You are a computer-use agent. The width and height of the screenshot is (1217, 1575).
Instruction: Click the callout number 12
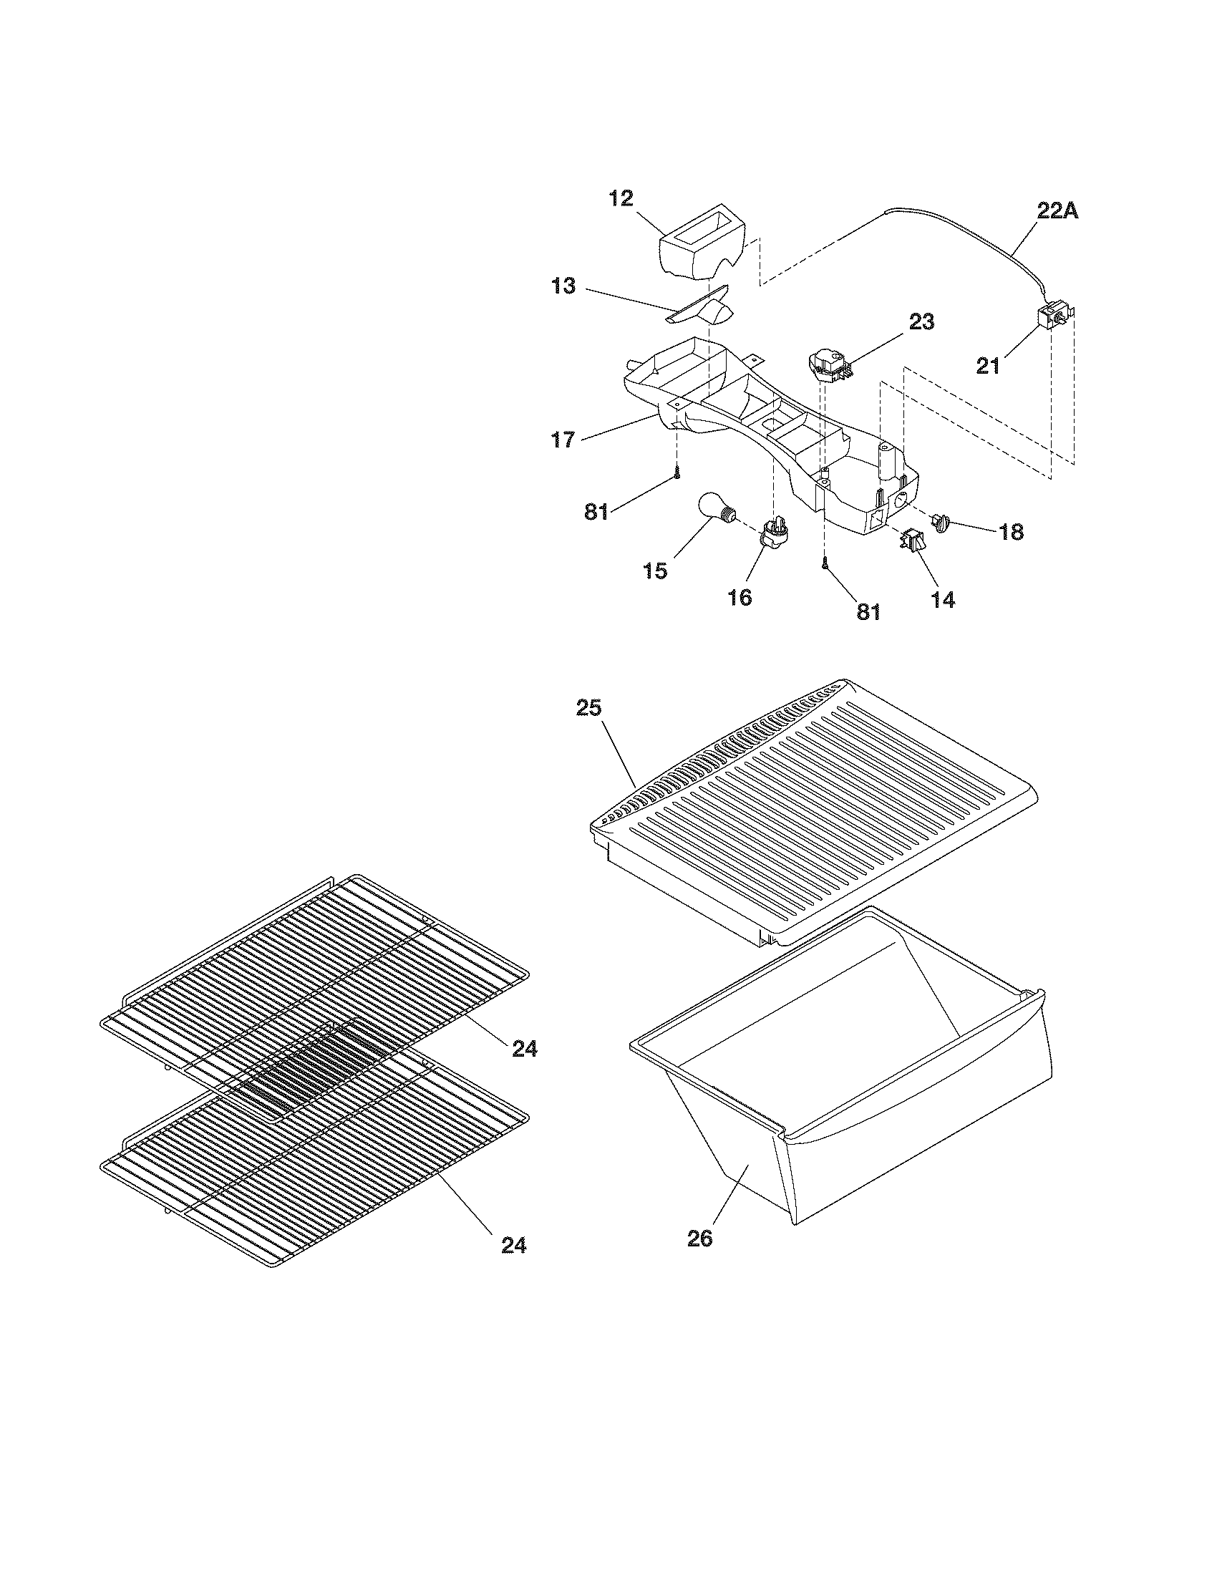tap(620, 198)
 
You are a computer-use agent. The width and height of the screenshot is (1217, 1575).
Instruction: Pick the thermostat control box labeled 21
tap(1052, 317)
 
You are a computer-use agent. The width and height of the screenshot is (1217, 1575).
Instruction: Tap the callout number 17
tap(563, 438)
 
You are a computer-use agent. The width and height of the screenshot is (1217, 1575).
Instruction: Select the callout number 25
tap(588, 707)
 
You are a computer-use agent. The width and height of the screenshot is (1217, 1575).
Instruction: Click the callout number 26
tap(699, 1239)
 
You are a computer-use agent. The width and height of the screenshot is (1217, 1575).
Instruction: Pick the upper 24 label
tap(524, 1049)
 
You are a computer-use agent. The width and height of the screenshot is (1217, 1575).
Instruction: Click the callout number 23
tap(921, 321)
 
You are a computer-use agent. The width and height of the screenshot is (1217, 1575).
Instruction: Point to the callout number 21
tap(988, 366)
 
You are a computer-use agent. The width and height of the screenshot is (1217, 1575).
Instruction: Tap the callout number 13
tap(563, 286)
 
